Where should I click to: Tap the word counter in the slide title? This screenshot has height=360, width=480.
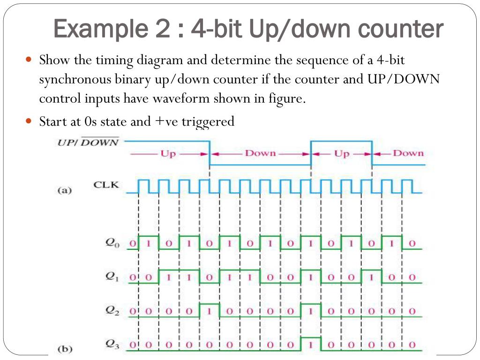click(401, 30)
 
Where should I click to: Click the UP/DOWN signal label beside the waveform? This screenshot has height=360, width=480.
click(88, 142)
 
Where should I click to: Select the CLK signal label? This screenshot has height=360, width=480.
click(106, 185)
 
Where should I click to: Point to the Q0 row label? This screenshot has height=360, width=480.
click(112, 243)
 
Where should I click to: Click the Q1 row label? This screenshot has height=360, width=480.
click(112, 277)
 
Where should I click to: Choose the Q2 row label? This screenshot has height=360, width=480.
click(112, 311)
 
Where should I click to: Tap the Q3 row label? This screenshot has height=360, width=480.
click(112, 345)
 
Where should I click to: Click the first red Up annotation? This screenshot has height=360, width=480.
click(168, 154)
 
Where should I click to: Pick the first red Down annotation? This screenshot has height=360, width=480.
click(260, 154)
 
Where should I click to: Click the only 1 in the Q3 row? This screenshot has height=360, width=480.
click(311, 345)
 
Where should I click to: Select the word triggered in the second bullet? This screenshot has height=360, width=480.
click(208, 122)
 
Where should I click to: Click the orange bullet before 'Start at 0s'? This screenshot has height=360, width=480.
click(28, 121)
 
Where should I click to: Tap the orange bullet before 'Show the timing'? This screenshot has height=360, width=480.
click(28, 60)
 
